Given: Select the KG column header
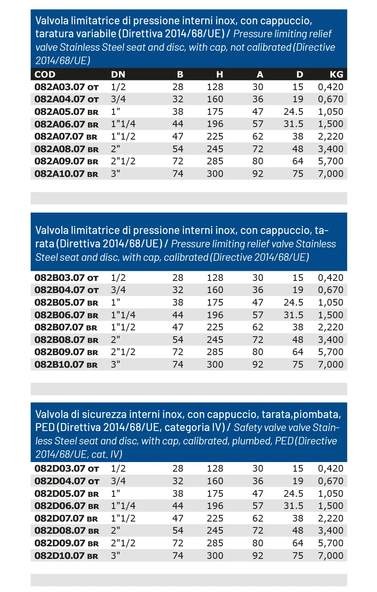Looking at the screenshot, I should (x=336, y=75).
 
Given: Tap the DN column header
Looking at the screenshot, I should (x=118, y=75).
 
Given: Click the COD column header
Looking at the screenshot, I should (x=45, y=75).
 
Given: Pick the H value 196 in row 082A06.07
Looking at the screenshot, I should (x=215, y=124).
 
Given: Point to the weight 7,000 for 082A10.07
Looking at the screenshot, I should (x=331, y=174).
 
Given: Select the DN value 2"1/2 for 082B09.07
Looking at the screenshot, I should (x=123, y=352).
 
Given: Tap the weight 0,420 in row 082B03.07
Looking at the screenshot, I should (x=331, y=278).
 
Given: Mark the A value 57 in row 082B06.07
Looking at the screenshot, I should (x=258, y=315).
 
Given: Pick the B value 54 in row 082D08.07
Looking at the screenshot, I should (x=178, y=531).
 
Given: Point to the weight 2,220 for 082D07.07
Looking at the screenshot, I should (x=331, y=519).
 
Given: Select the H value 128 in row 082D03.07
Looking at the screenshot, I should (x=215, y=469).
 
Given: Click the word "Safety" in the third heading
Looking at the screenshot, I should (x=247, y=428).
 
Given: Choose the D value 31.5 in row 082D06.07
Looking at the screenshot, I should (x=293, y=506).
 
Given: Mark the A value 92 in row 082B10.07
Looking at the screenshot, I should (x=258, y=365).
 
